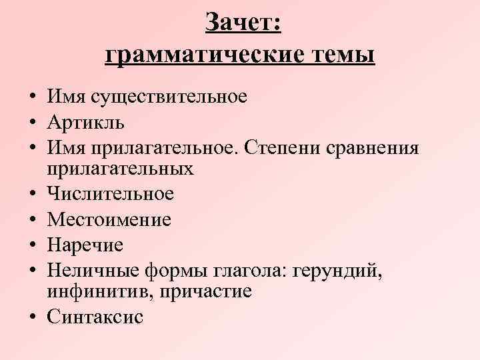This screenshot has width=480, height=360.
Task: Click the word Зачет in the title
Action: (x=243, y=23)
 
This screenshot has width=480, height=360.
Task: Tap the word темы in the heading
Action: (x=343, y=54)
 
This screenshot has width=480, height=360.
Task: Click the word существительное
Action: (x=169, y=97)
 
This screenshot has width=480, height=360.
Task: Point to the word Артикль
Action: (x=85, y=122)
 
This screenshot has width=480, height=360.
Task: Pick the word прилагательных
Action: (x=120, y=169)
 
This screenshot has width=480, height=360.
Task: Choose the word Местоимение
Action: (x=109, y=219)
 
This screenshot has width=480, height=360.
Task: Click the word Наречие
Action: (x=85, y=245)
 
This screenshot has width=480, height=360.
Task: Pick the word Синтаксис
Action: (x=95, y=317)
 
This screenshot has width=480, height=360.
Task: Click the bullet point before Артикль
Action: (x=31, y=123)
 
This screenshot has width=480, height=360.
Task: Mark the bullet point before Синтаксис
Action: (x=31, y=317)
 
